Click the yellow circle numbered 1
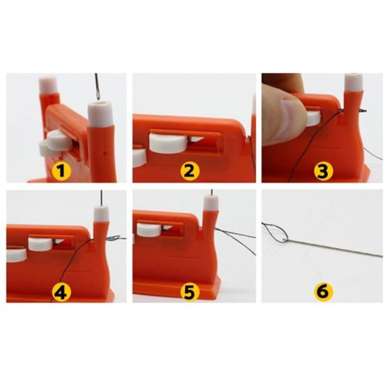[x=61, y=171]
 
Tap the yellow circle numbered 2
[x=190, y=171]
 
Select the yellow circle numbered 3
[x=322, y=171]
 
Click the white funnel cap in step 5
[x=211, y=202]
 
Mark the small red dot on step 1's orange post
[x=105, y=154]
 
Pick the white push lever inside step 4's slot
[x=40, y=244]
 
